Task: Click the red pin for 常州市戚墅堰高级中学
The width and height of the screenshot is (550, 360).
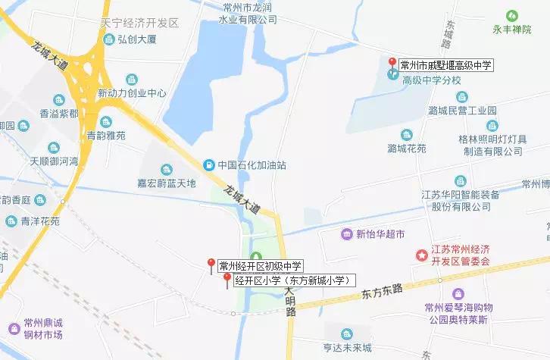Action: pos(392,62)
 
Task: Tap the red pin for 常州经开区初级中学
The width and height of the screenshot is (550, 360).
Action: pos(211,264)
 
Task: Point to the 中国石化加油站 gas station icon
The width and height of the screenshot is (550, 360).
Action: pos(208,164)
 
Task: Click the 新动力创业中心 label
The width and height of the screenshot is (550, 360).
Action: pos(132,94)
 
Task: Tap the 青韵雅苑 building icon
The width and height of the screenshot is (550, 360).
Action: pos(105,121)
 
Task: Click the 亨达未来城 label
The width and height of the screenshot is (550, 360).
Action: pos(347,348)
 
